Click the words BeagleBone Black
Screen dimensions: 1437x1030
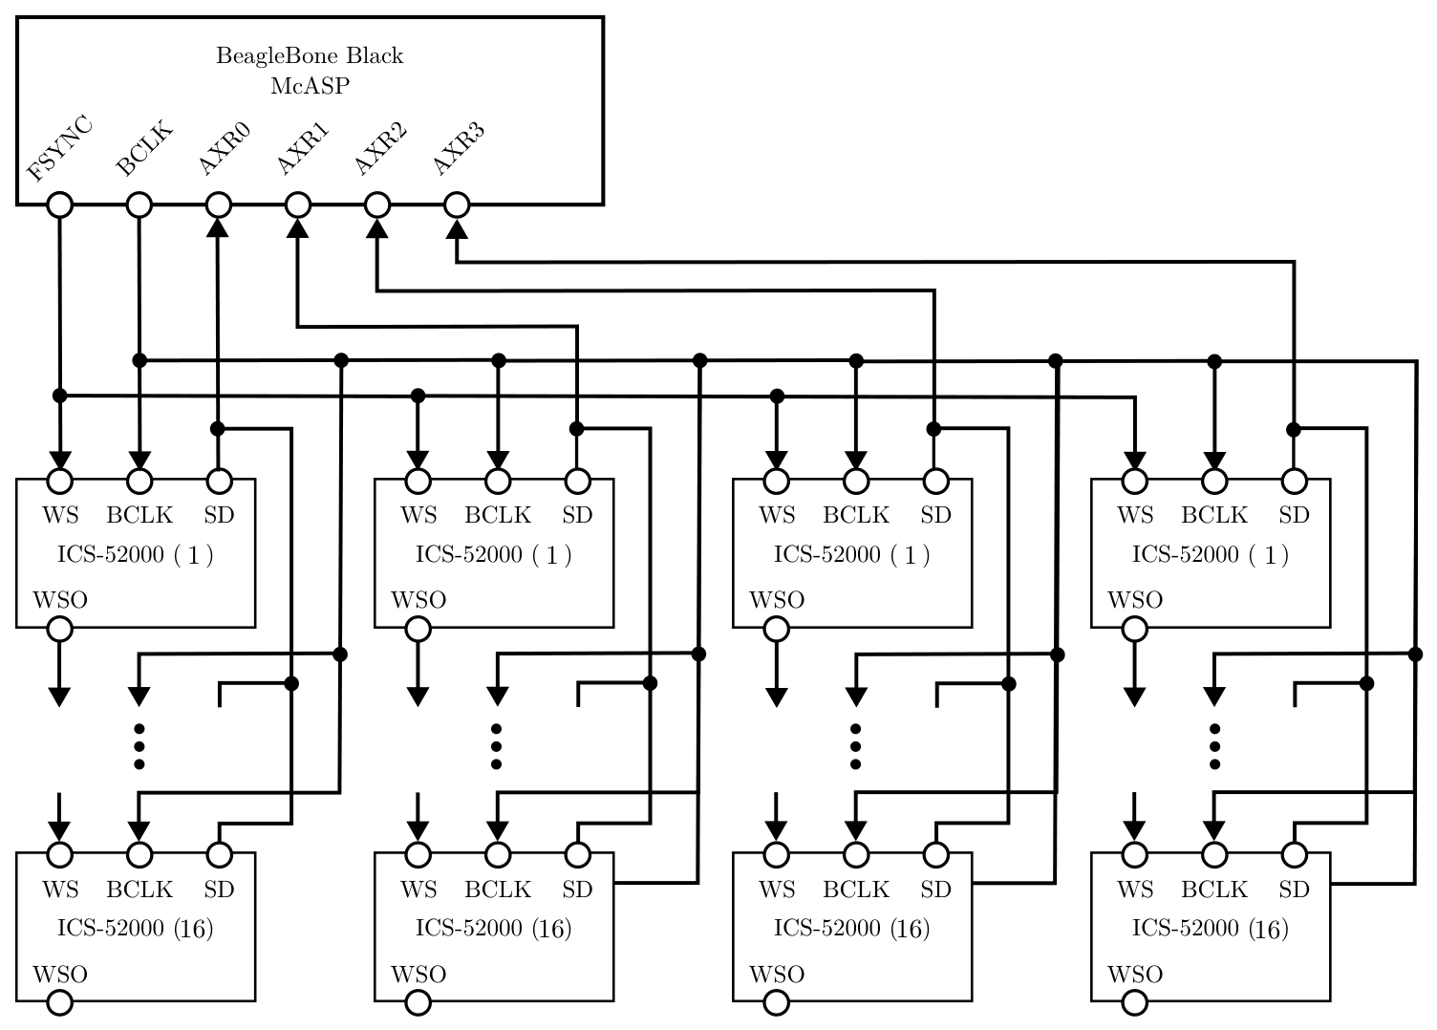[310, 55]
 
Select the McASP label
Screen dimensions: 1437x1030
[310, 85]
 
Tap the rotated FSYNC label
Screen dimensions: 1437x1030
[59, 148]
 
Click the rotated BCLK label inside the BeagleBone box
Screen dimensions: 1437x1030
[144, 147]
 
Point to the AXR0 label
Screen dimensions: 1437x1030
[224, 148]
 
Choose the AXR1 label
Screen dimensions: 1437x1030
[303, 148]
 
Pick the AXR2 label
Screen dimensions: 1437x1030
[381, 148]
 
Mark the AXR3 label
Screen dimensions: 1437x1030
[460, 148]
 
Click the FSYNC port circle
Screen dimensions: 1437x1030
[59, 205]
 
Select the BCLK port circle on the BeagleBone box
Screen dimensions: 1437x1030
[139, 205]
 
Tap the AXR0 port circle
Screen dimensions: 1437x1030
[218, 205]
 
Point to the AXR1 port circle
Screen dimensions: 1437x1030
[298, 205]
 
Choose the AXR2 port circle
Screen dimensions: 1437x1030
[377, 205]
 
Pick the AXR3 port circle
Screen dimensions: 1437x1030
[457, 205]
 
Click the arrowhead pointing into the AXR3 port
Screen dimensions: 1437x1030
[457, 228]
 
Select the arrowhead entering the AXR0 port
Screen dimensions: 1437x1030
[218, 228]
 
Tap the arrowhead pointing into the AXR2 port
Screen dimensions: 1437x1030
[377, 228]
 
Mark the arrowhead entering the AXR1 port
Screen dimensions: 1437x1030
[298, 228]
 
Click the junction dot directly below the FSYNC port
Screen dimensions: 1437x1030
[59, 396]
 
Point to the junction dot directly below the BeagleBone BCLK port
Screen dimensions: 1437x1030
[139, 360]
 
